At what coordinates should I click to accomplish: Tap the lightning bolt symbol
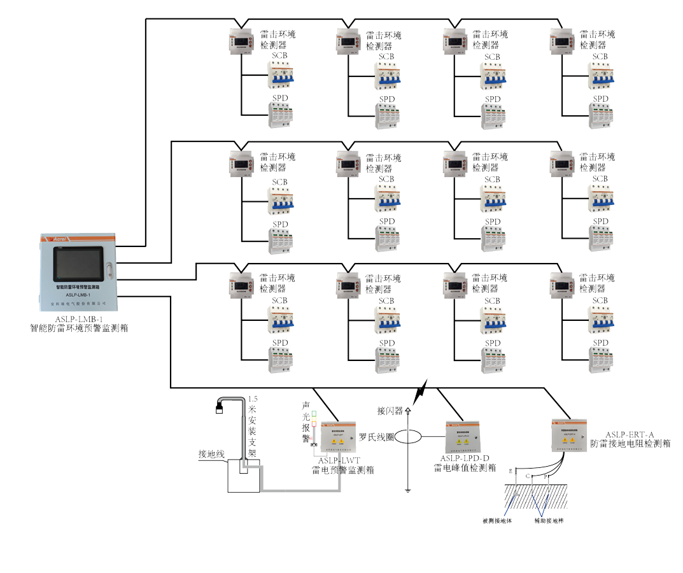coord(421,392)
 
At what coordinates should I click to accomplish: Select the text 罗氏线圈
coord(376,437)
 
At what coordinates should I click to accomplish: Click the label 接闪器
coord(390,411)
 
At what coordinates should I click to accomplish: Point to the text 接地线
coord(212,454)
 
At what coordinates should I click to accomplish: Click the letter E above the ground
coord(510,472)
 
